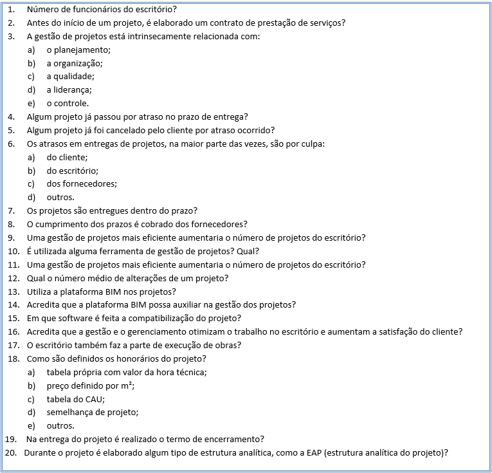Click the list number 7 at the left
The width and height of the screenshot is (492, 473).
pyautogui.click(x=11, y=210)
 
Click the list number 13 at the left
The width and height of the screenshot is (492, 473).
pyautogui.click(x=13, y=292)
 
